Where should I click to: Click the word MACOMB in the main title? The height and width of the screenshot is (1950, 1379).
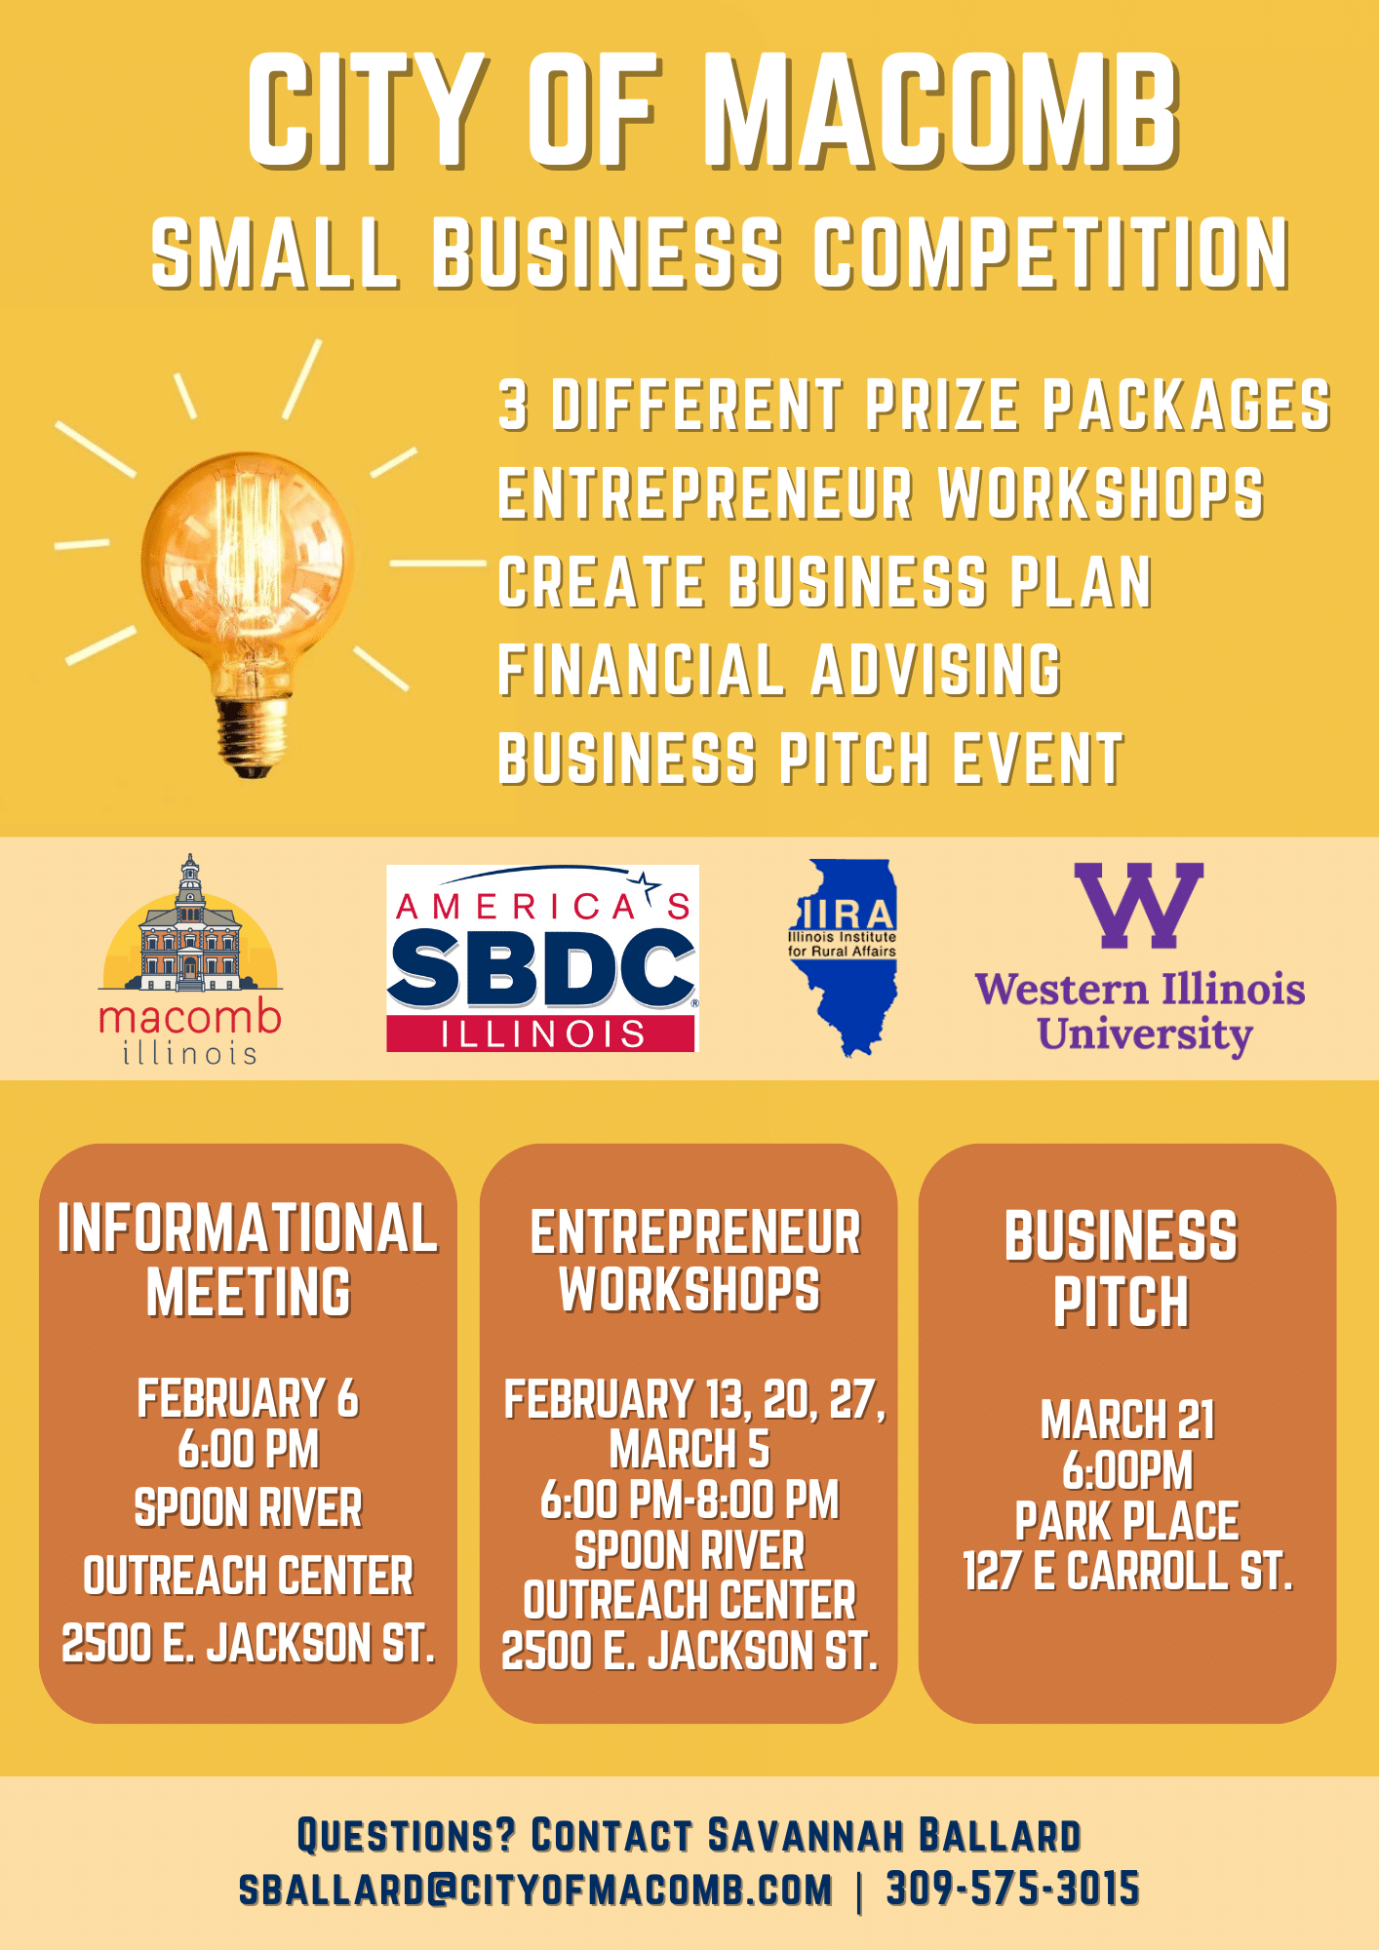pyautogui.click(x=941, y=110)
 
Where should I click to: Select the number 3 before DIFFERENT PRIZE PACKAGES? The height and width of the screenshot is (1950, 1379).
pyautogui.click(x=514, y=405)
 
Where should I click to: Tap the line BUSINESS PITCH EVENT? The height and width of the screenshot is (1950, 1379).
pyautogui.click(x=809, y=759)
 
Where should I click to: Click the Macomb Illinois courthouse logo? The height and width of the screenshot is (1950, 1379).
pyautogui.click(x=191, y=959)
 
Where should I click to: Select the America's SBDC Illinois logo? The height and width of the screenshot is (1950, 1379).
pyautogui.click(x=542, y=958)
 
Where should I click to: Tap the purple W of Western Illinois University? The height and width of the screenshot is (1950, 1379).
pyautogui.click(x=1138, y=906)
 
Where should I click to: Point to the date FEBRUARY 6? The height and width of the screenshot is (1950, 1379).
pyautogui.click(x=248, y=1398)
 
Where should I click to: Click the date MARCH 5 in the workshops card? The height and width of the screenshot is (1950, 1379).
pyautogui.click(x=689, y=1449)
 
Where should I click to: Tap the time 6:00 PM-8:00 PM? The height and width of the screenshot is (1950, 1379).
pyautogui.click(x=689, y=1500)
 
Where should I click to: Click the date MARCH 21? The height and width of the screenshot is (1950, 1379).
pyautogui.click(x=1127, y=1420)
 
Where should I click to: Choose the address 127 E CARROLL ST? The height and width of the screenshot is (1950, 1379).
pyautogui.click(x=1127, y=1571)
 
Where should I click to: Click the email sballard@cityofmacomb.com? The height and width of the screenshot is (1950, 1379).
pyautogui.click(x=535, y=1889)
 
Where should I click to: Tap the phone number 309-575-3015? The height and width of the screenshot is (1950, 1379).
pyautogui.click(x=1012, y=1889)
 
